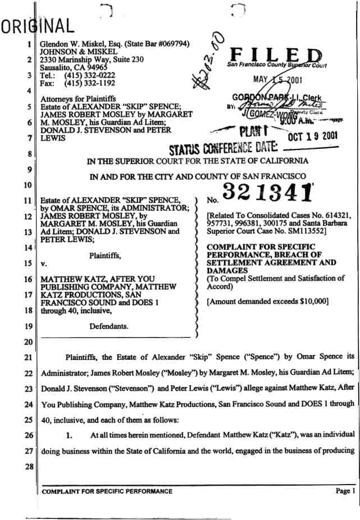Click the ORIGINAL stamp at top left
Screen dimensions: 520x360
click(37, 25)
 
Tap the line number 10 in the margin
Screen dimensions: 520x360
click(27, 185)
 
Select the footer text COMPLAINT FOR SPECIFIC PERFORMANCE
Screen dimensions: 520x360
click(107, 491)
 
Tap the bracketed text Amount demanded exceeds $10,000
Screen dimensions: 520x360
click(267, 302)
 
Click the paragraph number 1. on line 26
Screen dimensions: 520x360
click(69, 435)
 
